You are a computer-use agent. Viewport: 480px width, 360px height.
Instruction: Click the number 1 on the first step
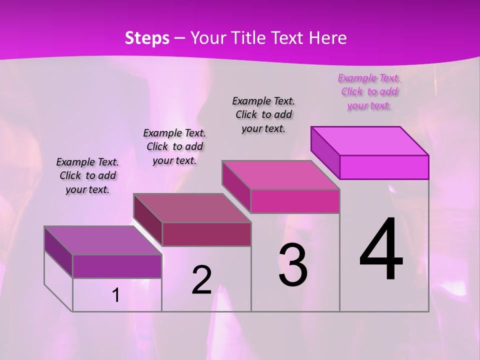tap(116, 295)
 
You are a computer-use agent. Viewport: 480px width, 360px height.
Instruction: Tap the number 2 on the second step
tap(201, 280)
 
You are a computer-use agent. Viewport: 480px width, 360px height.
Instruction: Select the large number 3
tap(293, 265)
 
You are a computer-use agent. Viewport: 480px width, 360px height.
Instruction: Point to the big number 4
tap(381, 249)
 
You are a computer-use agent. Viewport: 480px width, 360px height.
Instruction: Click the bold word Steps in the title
tap(147, 38)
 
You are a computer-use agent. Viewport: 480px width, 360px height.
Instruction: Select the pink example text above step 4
tap(369, 92)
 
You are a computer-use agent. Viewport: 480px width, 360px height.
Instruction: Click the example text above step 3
tap(263, 114)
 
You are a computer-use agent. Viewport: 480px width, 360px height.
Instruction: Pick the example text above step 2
tap(174, 146)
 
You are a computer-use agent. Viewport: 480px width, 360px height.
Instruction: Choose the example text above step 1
tap(87, 175)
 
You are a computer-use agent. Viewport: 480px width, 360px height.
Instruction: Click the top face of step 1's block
tap(102, 240)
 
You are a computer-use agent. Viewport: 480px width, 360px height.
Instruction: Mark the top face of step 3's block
tap(280, 175)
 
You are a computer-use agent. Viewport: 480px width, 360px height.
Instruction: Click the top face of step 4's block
tap(369, 141)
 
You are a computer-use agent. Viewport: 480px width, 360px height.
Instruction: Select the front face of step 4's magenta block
tap(384, 167)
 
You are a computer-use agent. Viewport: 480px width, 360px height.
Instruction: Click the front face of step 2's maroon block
tap(206, 234)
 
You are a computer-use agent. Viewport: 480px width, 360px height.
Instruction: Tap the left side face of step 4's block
tap(325, 152)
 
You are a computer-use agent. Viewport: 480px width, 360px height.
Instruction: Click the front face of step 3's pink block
tap(295, 201)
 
